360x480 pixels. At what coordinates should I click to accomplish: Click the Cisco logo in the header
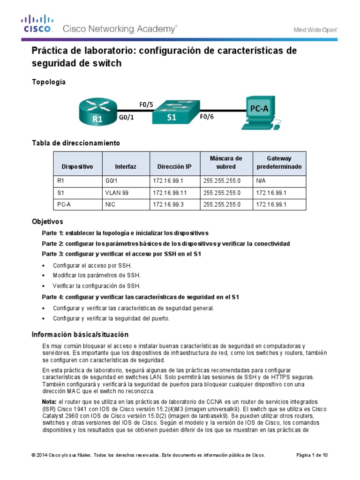tap(37, 24)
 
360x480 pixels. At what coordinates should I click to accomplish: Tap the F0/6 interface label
tap(207, 117)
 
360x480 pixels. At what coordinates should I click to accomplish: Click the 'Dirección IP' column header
tap(174, 166)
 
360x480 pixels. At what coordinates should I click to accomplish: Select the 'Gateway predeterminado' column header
tap(279, 162)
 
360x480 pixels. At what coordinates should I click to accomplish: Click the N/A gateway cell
tap(261, 180)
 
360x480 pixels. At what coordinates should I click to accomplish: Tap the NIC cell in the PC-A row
tap(110, 205)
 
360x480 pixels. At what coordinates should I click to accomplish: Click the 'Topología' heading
tap(48, 82)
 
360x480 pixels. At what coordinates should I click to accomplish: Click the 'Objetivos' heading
tap(47, 221)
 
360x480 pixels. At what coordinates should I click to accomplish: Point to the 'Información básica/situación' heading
tap(80, 334)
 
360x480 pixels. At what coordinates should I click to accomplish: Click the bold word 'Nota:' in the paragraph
tap(49, 402)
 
